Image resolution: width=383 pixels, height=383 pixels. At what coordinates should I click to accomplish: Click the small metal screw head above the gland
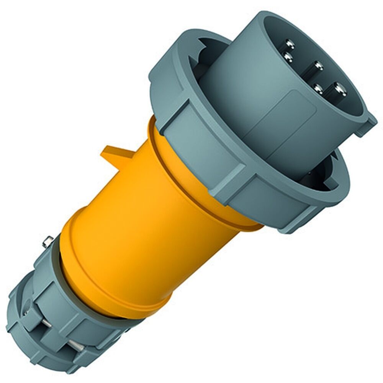point(48,242)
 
